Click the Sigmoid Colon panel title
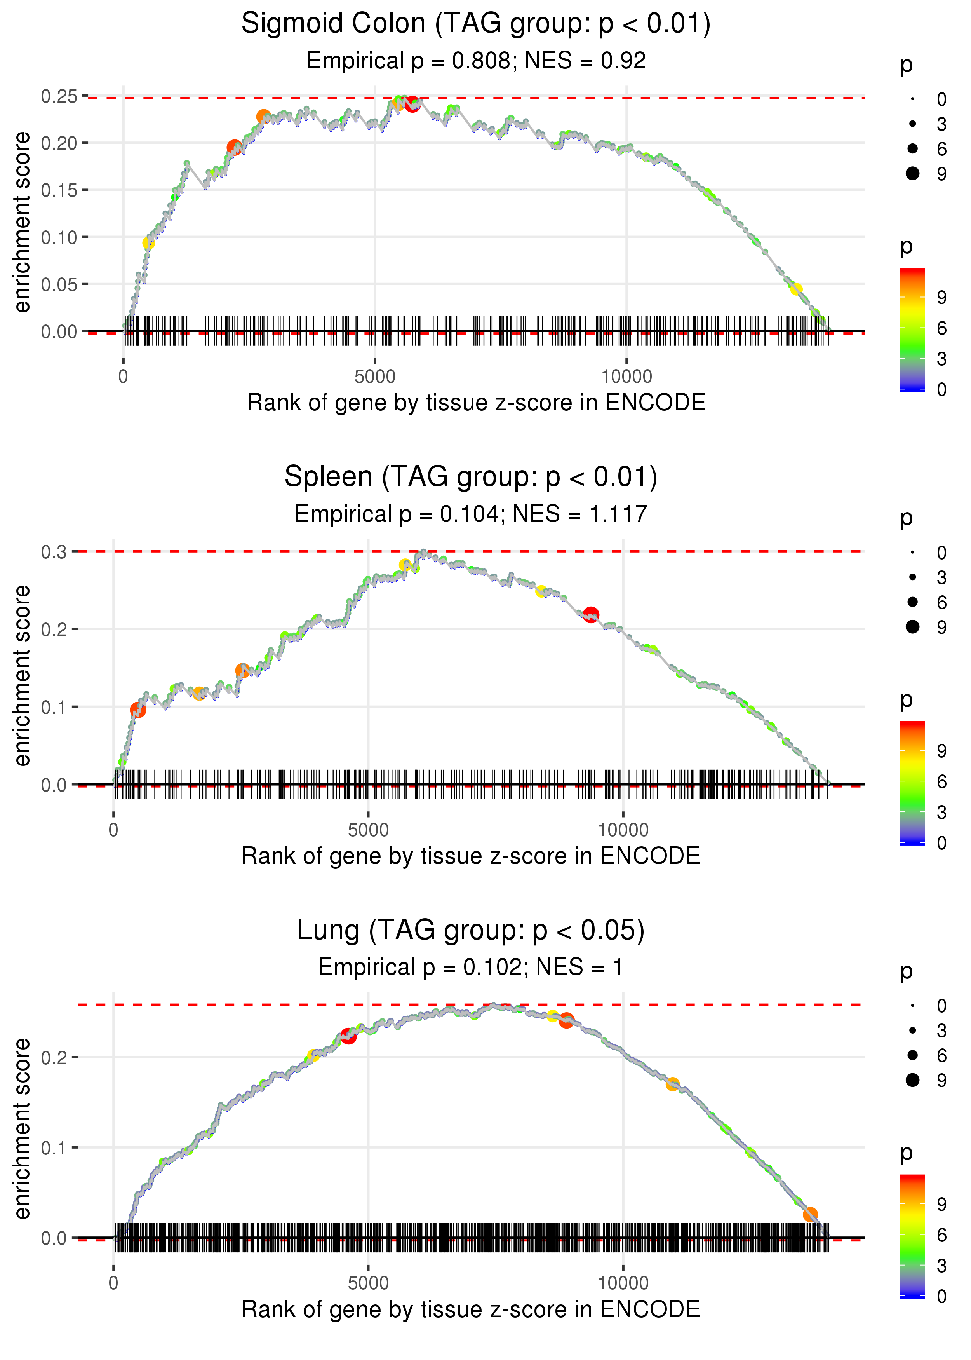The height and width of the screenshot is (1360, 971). (475, 24)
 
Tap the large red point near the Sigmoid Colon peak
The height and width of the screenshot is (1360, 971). (412, 104)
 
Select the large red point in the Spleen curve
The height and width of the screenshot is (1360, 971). (591, 614)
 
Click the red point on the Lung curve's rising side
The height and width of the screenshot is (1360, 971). (348, 1036)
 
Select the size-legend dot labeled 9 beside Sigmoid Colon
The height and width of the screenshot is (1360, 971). (912, 173)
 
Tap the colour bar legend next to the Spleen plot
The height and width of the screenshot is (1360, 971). (912, 782)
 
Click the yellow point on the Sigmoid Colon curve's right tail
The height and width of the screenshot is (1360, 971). (796, 289)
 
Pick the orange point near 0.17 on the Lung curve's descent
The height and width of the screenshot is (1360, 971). (673, 1084)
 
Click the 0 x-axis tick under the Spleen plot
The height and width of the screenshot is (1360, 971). (113, 830)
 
